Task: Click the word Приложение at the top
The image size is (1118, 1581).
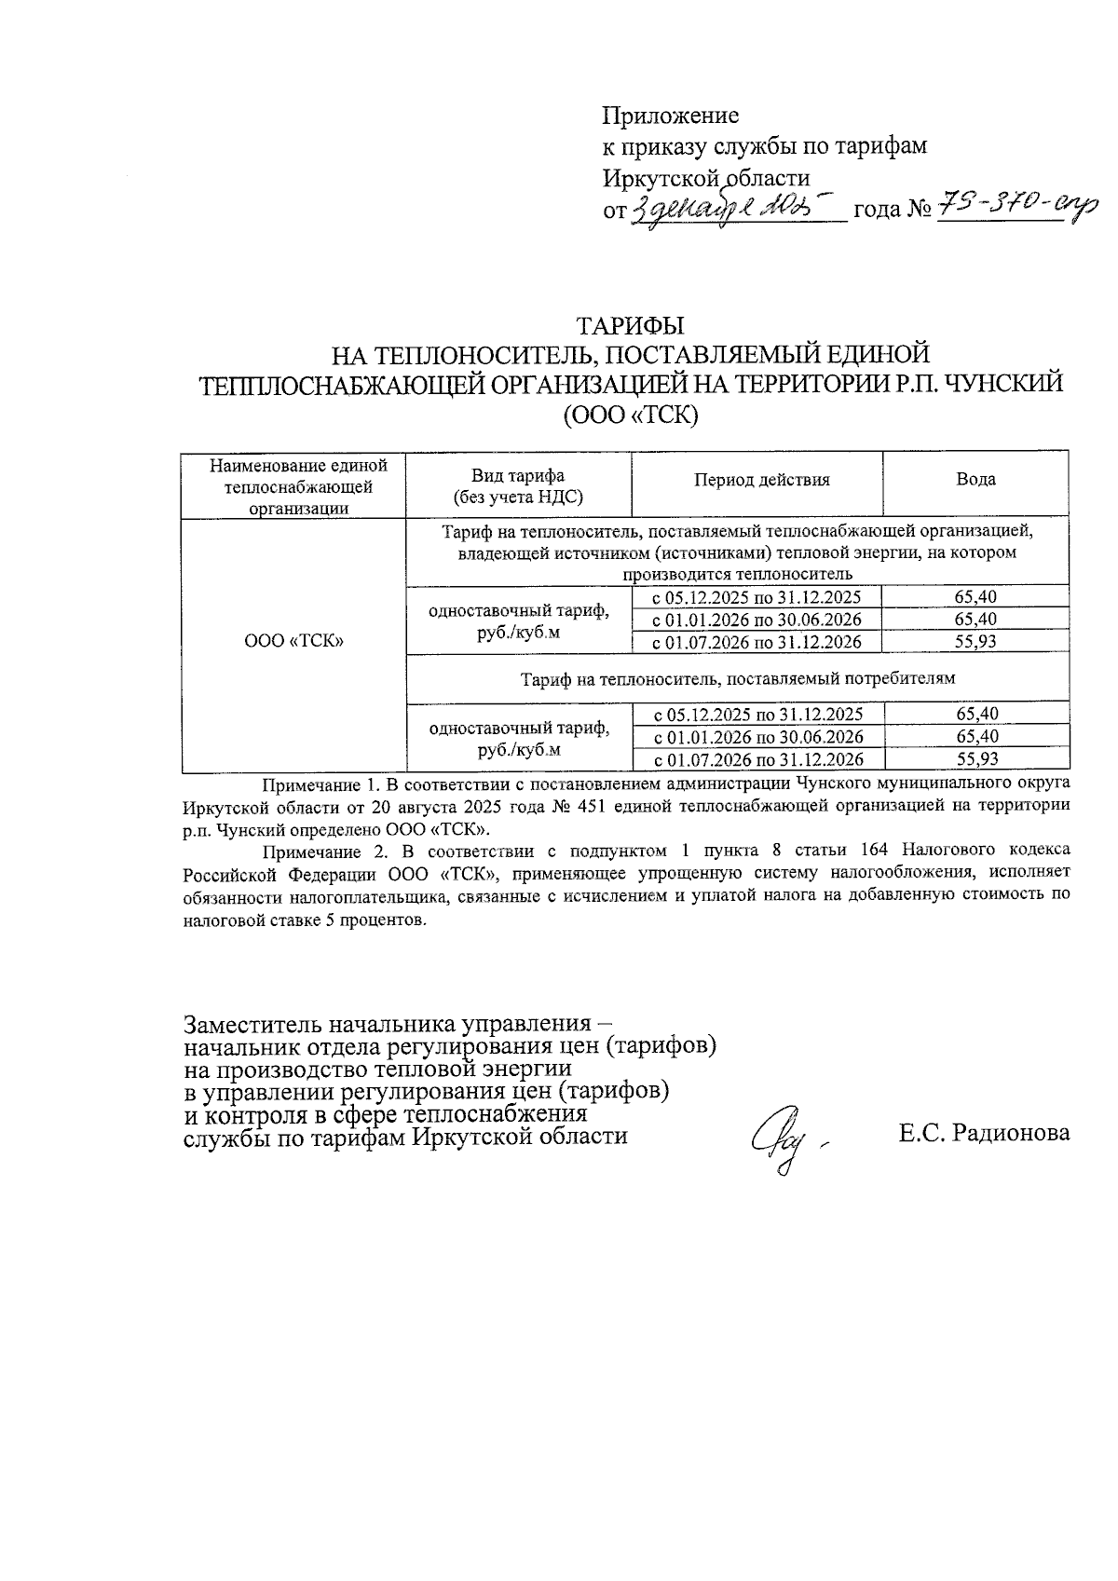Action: pyautogui.click(x=671, y=116)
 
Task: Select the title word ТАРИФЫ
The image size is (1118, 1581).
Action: pyautogui.click(x=631, y=326)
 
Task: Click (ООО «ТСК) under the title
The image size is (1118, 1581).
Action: pyautogui.click(x=631, y=415)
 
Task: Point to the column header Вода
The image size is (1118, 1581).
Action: pyautogui.click(x=975, y=480)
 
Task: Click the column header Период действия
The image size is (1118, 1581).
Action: pyautogui.click(x=761, y=480)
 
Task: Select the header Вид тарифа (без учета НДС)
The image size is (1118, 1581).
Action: pyautogui.click(x=518, y=486)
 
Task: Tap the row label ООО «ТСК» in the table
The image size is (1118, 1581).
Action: pyautogui.click(x=294, y=641)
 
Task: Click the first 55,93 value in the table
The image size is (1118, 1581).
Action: pyautogui.click(x=975, y=642)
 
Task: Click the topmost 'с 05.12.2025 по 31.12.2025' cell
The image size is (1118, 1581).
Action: pyautogui.click(x=756, y=597)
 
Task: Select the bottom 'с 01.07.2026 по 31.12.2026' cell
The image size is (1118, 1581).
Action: pyautogui.click(x=757, y=759)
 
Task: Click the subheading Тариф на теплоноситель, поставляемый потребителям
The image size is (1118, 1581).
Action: pyautogui.click(x=738, y=679)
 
